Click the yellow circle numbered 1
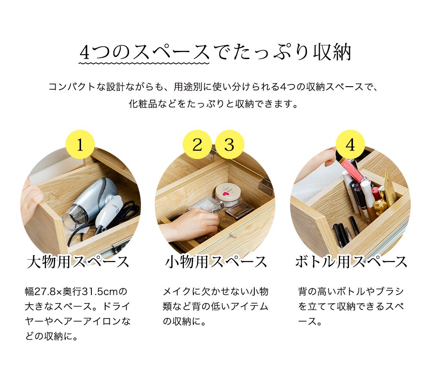80,144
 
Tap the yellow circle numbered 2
197,144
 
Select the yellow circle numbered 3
229,144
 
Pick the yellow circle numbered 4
350,144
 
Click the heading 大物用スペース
78,262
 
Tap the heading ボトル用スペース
351,262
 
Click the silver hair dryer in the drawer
93,198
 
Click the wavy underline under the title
144,63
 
